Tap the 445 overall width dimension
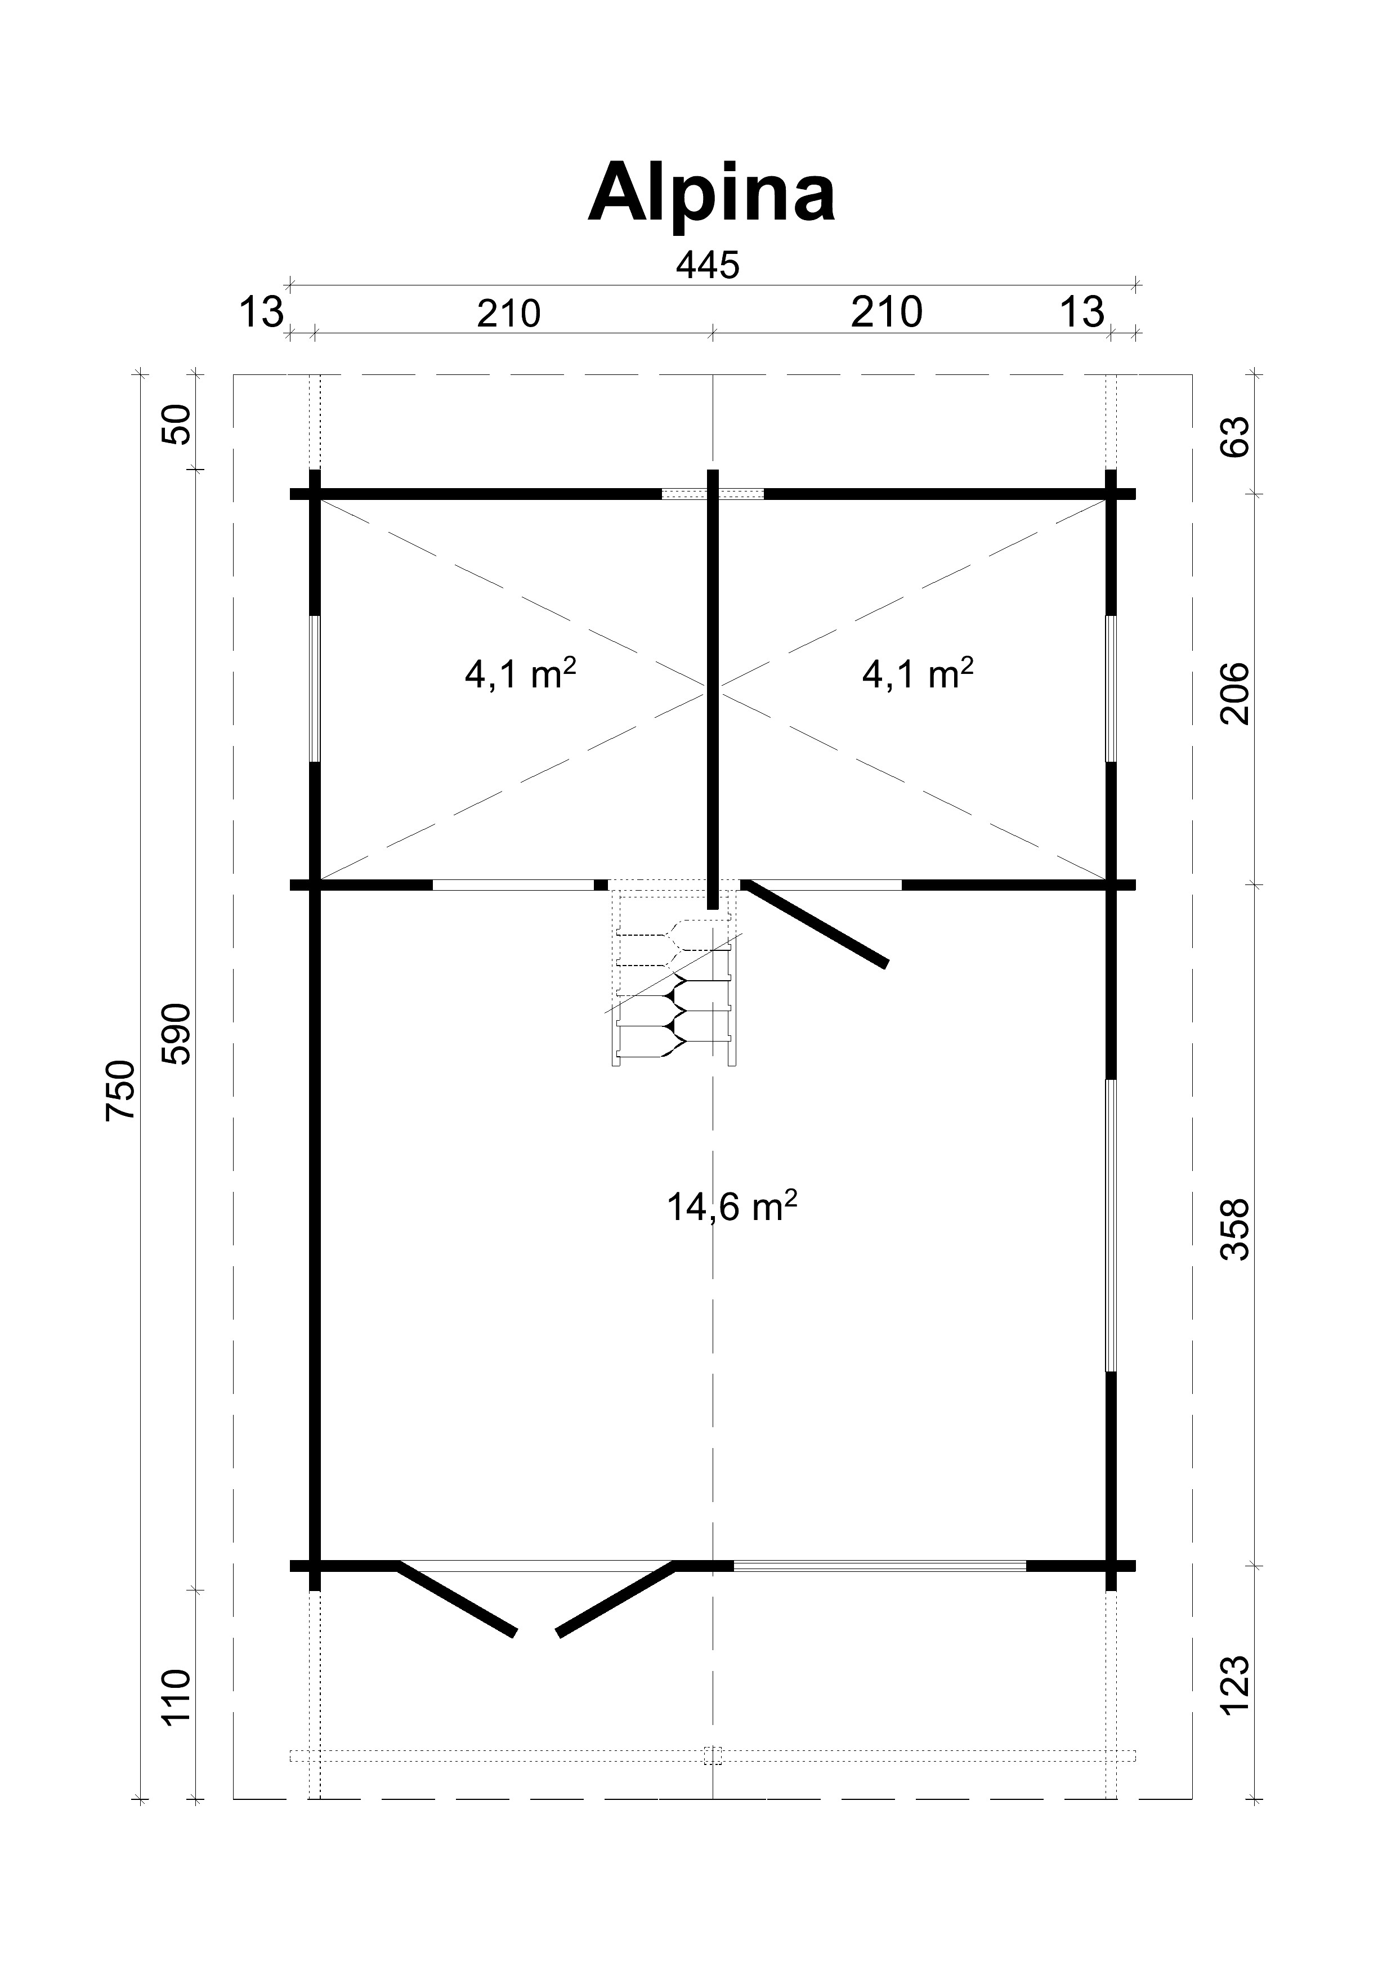[708, 266]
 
